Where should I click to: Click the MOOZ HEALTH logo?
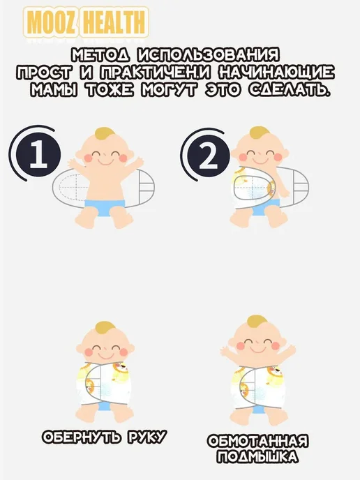pos(86,22)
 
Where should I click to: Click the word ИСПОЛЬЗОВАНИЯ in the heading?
pos(209,55)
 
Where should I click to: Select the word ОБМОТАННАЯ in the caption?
pos(257,441)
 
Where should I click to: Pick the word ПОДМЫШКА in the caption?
pos(257,457)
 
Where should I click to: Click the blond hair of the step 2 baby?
pos(259,133)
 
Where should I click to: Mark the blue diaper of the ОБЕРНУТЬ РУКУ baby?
pos(105,406)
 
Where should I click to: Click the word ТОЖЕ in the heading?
pos(110,90)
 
